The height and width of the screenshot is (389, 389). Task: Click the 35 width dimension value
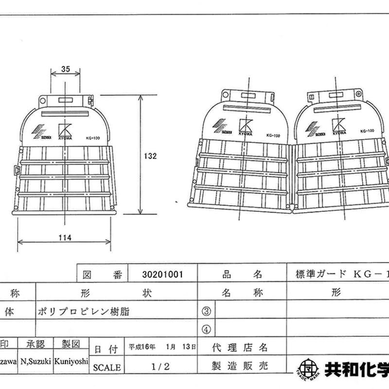coord(66,70)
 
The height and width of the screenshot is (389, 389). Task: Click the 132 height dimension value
coord(151,156)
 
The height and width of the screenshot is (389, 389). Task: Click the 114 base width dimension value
coord(65,238)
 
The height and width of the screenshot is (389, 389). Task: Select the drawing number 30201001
coord(162,275)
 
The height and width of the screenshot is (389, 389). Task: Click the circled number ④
coord(206,329)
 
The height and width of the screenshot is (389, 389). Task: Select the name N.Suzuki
coord(36,362)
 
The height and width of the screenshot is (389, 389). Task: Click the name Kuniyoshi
coord(71,362)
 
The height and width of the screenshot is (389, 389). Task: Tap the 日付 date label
coord(106,349)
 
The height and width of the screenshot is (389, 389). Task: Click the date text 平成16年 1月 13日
coord(162,348)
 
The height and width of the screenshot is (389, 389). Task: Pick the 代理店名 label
coord(240,348)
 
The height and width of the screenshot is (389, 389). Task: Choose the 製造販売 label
coord(240,366)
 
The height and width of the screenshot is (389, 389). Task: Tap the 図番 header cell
coord(102,275)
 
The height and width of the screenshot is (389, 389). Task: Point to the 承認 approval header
coord(36,344)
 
